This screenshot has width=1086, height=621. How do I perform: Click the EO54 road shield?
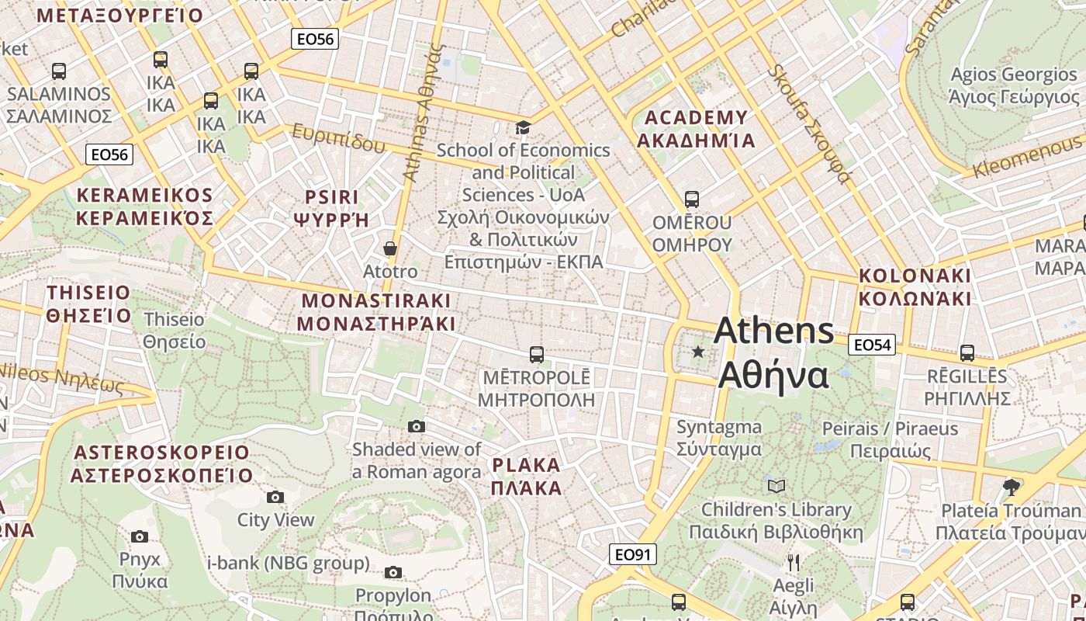pos(872,345)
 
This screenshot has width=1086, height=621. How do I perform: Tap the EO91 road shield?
pos(633,554)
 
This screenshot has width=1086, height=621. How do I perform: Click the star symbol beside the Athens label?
pos(698,352)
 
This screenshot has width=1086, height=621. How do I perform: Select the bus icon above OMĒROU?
pos(691,199)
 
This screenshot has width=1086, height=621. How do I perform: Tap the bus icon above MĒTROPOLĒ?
pos(536,355)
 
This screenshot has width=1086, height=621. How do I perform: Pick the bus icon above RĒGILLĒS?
pos(967,353)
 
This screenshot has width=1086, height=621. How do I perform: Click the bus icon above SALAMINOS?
pos(59,71)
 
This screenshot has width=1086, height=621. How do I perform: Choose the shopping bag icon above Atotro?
pos(390,248)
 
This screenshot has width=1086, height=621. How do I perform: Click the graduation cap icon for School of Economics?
pos(524,127)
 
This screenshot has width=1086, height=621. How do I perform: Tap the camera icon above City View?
pos(275,497)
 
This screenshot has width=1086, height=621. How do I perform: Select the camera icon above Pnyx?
pos(140,536)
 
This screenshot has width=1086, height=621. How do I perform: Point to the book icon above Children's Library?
pos(776,487)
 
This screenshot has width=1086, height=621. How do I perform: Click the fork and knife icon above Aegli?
pos(793,563)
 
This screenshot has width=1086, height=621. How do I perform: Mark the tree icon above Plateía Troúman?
pos(1010,487)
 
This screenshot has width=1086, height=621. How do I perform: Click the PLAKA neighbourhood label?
pos(526,477)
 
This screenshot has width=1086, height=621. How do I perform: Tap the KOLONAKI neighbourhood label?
pos(915,287)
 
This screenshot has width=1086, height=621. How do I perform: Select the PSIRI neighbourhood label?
pos(332,207)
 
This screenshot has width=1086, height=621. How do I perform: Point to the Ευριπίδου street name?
pos(338,138)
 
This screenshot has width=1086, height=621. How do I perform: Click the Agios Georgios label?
pos(1014,85)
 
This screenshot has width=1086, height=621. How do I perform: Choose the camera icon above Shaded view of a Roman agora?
pos(417,426)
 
